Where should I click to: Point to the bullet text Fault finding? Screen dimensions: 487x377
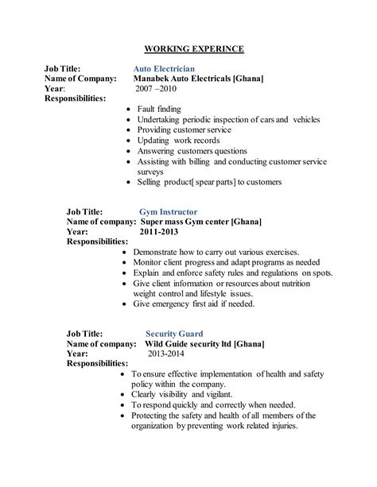(x=158, y=109)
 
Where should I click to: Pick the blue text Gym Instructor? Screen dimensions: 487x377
(x=169, y=212)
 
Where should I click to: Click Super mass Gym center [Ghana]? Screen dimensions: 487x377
(x=202, y=222)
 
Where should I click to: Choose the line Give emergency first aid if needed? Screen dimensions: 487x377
(x=205, y=303)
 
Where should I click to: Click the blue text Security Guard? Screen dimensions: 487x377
(x=174, y=334)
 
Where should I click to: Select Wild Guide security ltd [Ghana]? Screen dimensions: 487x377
(x=204, y=344)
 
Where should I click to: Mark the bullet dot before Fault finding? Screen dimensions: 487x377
(x=130, y=110)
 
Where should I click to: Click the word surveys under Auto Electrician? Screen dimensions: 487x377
(x=150, y=171)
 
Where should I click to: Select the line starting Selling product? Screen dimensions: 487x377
(x=209, y=182)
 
